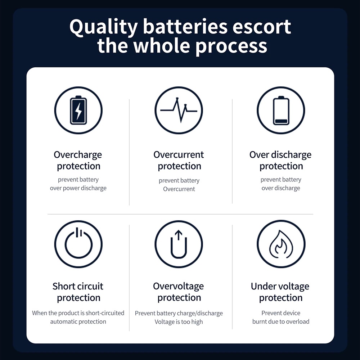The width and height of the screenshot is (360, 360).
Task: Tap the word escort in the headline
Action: tap(262, 27)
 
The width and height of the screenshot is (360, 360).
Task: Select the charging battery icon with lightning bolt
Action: tap(78, 110)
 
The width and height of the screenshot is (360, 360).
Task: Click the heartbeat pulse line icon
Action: tap(179, 110)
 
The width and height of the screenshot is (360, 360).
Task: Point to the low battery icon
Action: tap(281, 110)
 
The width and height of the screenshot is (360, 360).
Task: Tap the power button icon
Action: tap(78, 244)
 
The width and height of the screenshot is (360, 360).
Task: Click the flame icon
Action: tap(281, 244)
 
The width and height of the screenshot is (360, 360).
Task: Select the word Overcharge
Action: tap(78, 155)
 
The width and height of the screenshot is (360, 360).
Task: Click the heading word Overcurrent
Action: tap(179, 155)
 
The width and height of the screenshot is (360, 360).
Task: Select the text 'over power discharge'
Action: tap(78, 188)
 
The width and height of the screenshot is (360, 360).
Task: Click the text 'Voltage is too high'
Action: tap(179, 322)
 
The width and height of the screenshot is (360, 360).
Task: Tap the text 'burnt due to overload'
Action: tap(281, 321)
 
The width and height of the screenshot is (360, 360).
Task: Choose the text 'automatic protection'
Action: tap(78, 321)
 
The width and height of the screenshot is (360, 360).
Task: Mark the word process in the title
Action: tap(231, 46)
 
